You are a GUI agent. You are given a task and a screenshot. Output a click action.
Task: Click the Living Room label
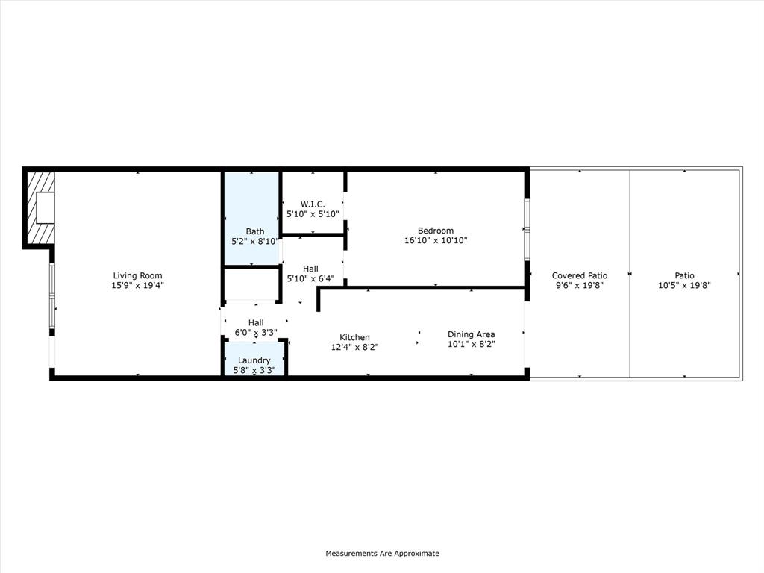tap(137, 275)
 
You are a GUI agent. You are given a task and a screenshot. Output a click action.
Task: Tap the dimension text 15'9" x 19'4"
tap(137, 285)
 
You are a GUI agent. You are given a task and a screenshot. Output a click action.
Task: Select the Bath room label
tap(254, 231)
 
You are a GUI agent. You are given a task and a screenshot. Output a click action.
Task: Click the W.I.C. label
tap(313, 204)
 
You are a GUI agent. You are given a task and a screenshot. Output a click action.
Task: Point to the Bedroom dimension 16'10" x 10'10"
tap(436, 240)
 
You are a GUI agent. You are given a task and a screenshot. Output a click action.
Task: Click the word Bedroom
tap(436, 231)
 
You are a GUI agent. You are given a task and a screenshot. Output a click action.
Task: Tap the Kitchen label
tap(354, 337)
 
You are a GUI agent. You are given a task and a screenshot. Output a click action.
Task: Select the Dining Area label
tap(471, 334)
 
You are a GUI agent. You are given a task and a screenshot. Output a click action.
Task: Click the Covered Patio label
tap(580, 275)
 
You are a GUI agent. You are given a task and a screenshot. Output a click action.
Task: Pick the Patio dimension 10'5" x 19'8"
tap(685, 285)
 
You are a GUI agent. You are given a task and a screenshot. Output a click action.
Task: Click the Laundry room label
tap(254, 360)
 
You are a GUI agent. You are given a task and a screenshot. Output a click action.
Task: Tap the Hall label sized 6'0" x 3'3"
tap(256, 322)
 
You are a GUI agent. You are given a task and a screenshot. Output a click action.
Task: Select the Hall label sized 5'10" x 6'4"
tap(310, 269)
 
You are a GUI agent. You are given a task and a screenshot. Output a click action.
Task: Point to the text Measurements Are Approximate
tap(382, 554)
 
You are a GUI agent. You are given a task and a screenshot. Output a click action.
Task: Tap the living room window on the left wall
tap(51, 295)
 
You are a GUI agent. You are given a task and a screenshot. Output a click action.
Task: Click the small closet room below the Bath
tap(251, 284)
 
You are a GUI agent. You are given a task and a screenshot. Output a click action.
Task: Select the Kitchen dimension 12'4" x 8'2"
tap(354, 347)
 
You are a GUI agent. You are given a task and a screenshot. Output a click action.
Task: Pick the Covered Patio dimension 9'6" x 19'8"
tap(580, 285)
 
